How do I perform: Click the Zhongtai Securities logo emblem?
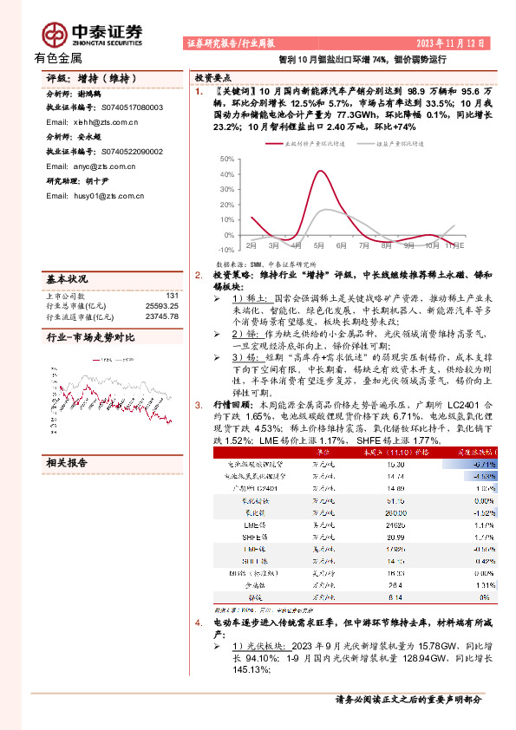[x=54, y=33]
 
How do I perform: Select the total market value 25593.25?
[x=161, y=306]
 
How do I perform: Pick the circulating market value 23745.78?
[x=161, y=316]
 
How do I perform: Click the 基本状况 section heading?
[x=66, y=279]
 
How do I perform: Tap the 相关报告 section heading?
[x=66, y=463]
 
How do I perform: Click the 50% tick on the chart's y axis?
[x=226, y=160]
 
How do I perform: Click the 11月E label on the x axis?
[x=453, y=245]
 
